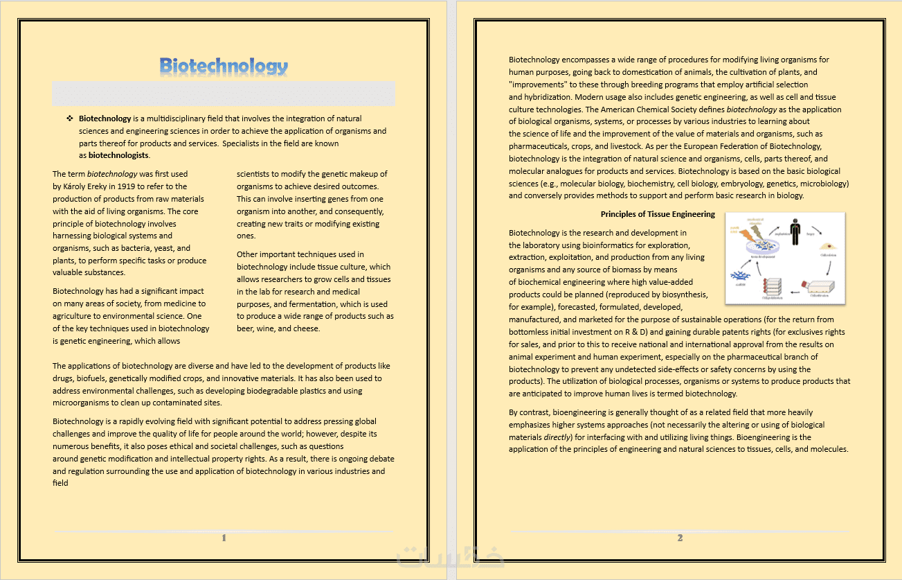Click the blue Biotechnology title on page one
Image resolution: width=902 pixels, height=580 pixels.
[x=224, y=66]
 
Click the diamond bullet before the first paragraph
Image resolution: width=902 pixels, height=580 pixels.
[x=69, y=118]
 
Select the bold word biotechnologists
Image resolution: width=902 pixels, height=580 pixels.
[x=118, y=155]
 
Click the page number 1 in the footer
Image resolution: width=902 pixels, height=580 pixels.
[x=224, y=538]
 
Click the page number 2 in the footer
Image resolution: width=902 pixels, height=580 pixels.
[x=680, y=538]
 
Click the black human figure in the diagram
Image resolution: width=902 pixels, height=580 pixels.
[x=796, y=233]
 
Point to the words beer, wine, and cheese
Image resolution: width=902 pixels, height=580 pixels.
[x=278, y=328]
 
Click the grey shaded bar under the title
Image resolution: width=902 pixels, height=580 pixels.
[x=224, y=94]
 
